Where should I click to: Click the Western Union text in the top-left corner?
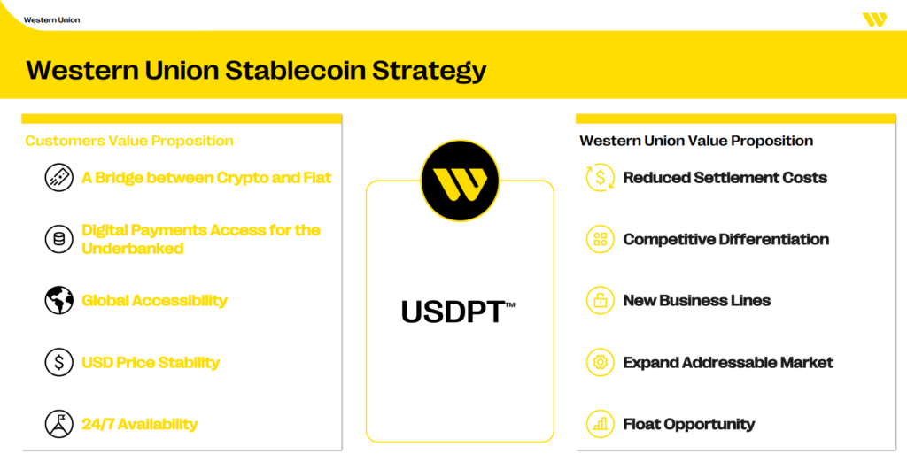tap(51, 19)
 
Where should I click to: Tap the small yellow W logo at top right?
tap(873, 19)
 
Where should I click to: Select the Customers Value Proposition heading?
tap(129, 141)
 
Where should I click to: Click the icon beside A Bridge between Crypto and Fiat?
tap(59, 178)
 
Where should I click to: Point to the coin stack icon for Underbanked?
tap(59, 239)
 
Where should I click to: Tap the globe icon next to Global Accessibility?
tap(59, 301)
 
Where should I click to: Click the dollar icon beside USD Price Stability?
tap(59, 362)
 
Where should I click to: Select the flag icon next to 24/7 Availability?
tap(59, 424)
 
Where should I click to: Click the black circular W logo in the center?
tap(460, 181)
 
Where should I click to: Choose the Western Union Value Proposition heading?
tap(696, 141)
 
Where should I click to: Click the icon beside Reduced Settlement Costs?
tap(600, 178)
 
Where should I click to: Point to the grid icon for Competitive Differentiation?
tap(600, 239)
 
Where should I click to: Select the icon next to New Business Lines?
tap(600, 301)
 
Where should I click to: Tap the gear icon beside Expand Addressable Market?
tap(600, 362)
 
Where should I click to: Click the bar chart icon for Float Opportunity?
tap(600, 424)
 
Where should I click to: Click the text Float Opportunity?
tap(688, 424)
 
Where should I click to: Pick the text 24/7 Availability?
tap(139, 424)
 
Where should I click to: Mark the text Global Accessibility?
tap(154, 301)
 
